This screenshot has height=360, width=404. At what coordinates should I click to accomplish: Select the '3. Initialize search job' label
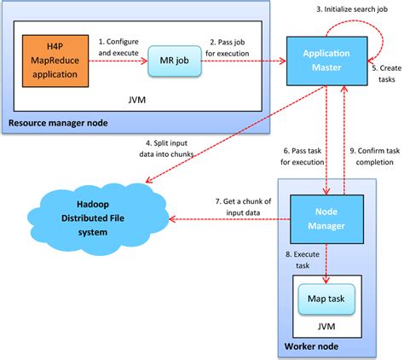(353, 9)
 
